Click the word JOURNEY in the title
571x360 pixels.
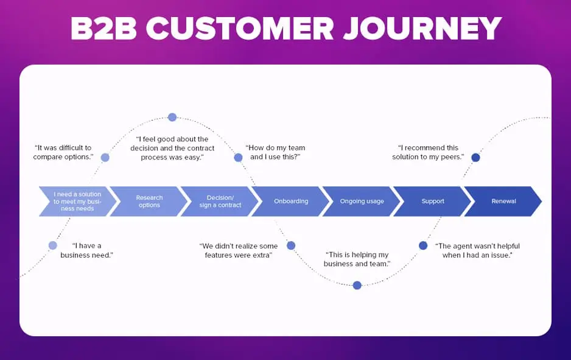tap(422, 28)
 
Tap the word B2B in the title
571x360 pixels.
tap(103, 28)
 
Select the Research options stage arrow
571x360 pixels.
tap(149, 201)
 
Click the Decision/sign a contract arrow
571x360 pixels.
tap(220, 201)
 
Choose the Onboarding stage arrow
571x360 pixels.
tap(291, 201)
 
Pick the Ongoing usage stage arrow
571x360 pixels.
tap(362, 201)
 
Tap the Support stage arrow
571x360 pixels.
tap(433, 201)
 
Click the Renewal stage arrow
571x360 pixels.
tap(503, 201)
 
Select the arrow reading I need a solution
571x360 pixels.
tap(77, 201)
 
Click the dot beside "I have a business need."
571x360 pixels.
tap(53, 245)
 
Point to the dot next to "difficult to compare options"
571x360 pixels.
tap(105, 157)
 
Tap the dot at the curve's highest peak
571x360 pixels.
tap(172, 117)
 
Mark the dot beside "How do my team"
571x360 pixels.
tap(238, 157)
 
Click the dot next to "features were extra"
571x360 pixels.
tap(291, 245)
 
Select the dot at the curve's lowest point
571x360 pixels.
tap(357, 285)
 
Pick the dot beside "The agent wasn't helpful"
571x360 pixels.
tap(423, 245)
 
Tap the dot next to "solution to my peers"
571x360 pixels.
tap(475, 157)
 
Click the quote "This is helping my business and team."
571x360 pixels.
tap(357, 259)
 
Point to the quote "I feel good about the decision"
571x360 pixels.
tap(172, 148)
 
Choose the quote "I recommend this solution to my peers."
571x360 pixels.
tap(428, 152)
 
